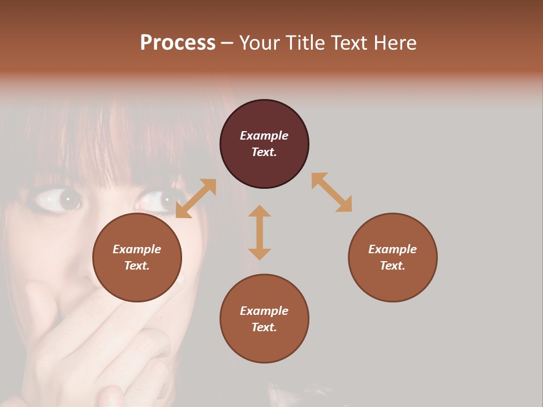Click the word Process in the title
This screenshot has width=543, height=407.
pyautogui.click(x=178, y=43)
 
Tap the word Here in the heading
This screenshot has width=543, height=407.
pyautogui.click(x=396, y=43)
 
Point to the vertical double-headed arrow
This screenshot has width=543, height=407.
pyautogui.click(x=260, y=232)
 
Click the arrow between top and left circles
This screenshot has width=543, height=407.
pyautogui.click(x=196, y=198)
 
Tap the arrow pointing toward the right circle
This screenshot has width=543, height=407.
pyautogui.click(x=332, y=192)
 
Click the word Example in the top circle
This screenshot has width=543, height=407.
pyautogui.click(x=264, y=136)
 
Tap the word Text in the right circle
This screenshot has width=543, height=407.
pyautogui.click(x=393, y=266)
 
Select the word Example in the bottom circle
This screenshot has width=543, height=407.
pyautogui.click(x=264, y=311)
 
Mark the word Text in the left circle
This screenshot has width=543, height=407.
pyautogui.click(x=137, y=266)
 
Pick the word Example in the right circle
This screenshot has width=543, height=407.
pyautogui.click(x=393, y=249)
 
